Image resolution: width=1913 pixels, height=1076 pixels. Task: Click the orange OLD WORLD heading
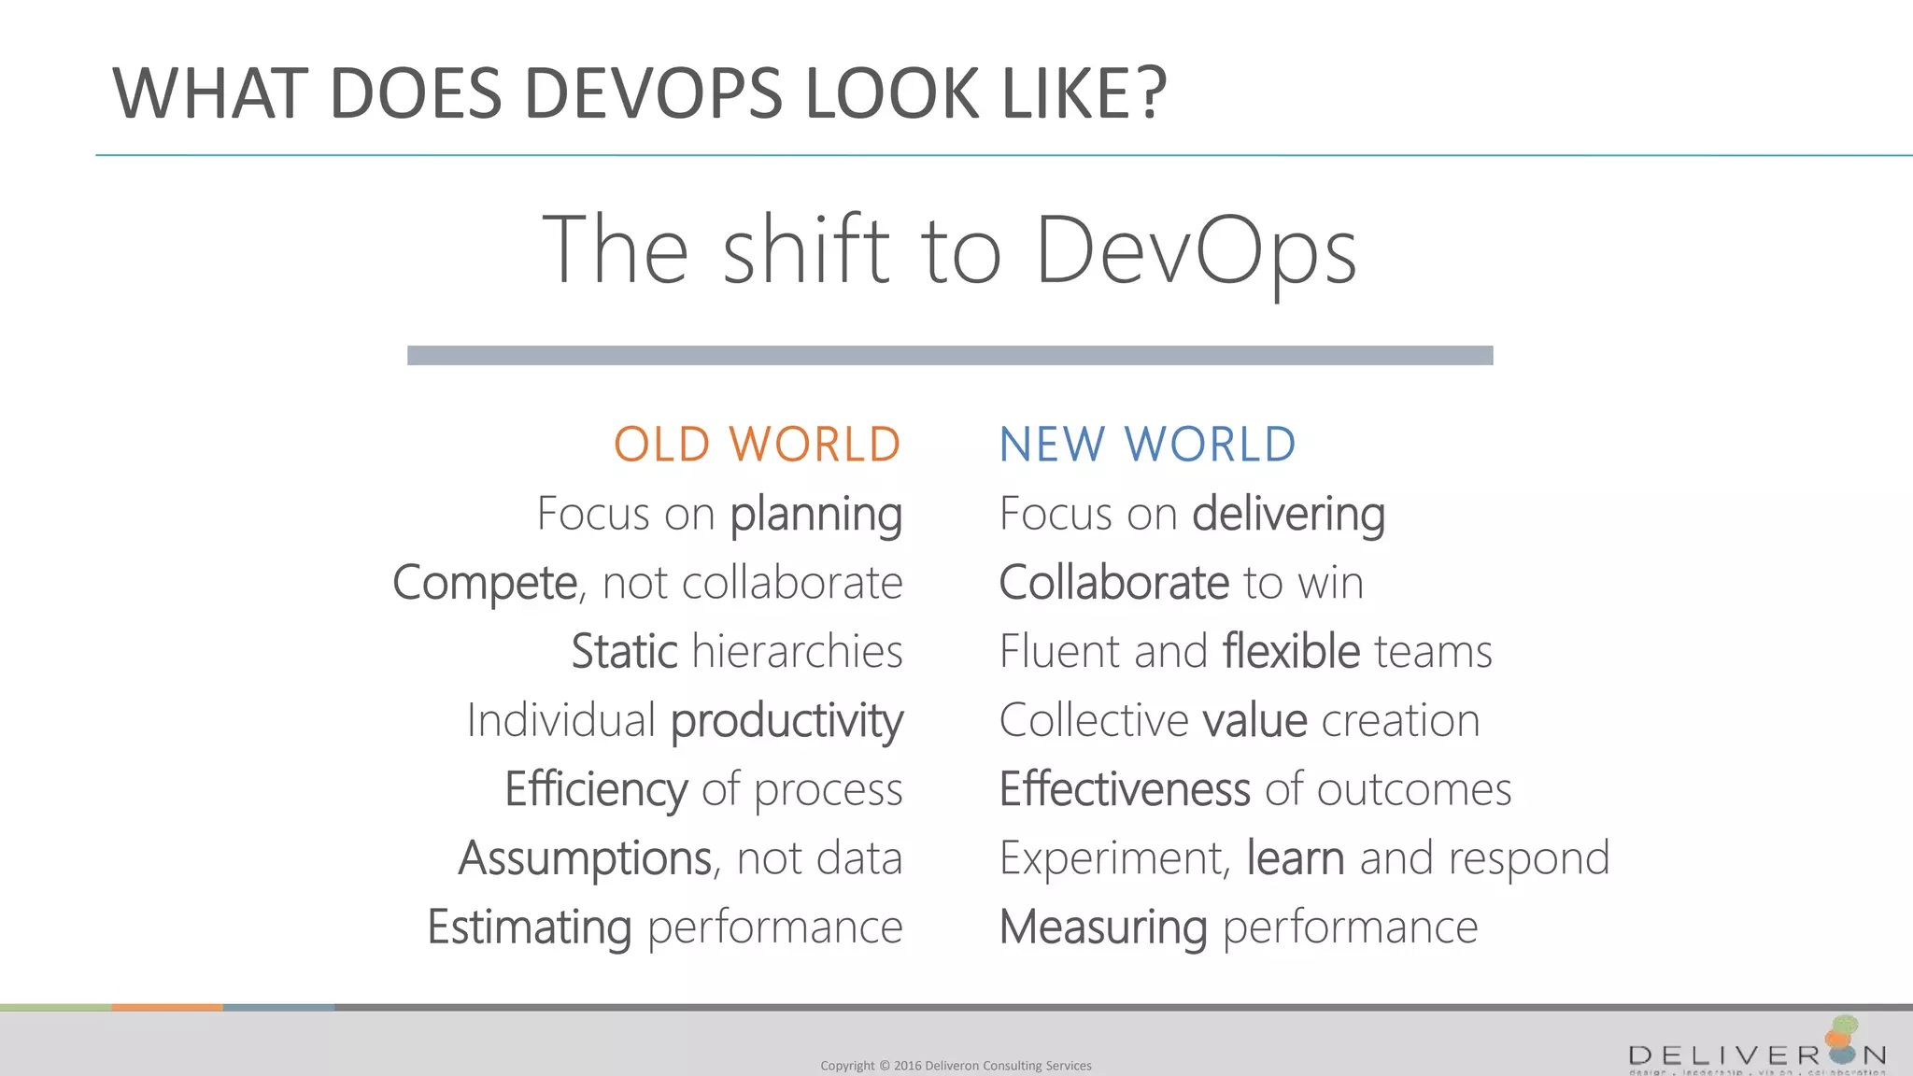pyautogui.click(x=757, y=445)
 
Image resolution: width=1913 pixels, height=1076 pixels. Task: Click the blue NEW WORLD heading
pyautogui.click(x=1147, y=445)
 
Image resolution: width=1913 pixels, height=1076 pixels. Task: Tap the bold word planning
pyautogui.click(x=815, y=514)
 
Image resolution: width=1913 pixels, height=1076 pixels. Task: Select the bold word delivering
pyautogui.click(x=1288, y=514)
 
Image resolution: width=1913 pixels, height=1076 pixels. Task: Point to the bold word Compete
pyautogui.click(x=485, y=583)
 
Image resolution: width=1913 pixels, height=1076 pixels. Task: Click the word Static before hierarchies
pyautogui.click(x=624, y=651)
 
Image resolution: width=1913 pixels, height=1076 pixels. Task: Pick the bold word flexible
pyautogui.click(x=1291, y=651)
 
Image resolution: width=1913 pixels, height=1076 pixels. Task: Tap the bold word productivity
pyautogui.click(x=786, y=721)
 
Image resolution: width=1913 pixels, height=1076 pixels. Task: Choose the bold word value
pyautogui.click(x=1254, y=721)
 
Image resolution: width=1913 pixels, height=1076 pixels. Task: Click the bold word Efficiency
pyautogui.click(x=596, y=790)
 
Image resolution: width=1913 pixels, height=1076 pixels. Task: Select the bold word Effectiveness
pyautogui.click(x=1125, y=789)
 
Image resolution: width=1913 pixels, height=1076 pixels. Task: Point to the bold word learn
pyautogui.click(x=1296, y=858)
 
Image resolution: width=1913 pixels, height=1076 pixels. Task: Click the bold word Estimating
pyautogui.click(x=530, y=927)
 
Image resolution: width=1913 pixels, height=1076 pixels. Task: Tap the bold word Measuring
pyautogui.click(x=1103, y=927)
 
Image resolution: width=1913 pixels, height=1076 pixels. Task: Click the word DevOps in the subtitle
pyautogui.click(x=1196, y=250)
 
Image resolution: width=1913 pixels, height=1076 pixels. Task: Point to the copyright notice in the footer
pyautogui.click(x=956, y=1066)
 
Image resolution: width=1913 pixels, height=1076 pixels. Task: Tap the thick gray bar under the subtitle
pyautogui.click(x=950, y=355)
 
